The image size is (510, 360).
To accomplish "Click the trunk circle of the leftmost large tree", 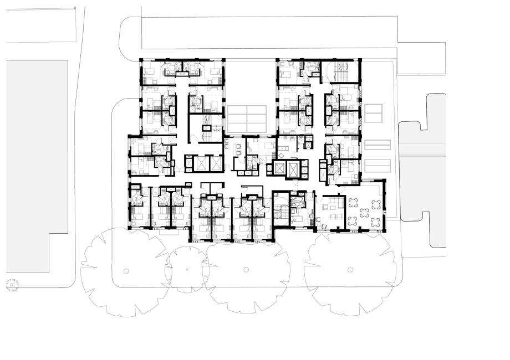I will point(126,271).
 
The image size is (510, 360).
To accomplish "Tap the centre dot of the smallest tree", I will point(187,270).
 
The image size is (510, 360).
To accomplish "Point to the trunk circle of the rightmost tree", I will point(350,270).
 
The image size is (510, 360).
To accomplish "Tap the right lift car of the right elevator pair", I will point(293,169).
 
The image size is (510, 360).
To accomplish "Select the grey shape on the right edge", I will point(424,166).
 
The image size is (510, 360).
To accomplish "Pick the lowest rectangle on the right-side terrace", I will point(377,166).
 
